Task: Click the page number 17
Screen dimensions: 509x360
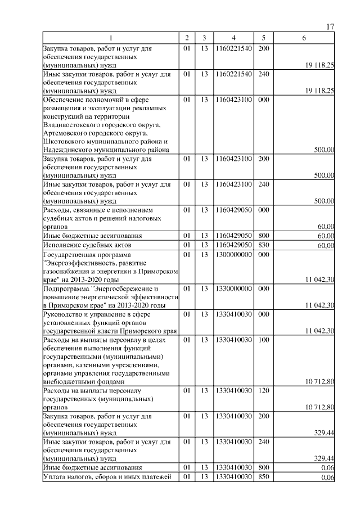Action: (x=330, y=28)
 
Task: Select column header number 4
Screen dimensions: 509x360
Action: (x=233, y=38)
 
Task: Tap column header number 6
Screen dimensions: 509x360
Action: (x=304, y=38)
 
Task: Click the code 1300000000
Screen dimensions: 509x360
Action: (x=233, y=254)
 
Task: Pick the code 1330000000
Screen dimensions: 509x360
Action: (x=233, y=288)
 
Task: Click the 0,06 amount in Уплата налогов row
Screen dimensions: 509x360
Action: (x=327, y=478)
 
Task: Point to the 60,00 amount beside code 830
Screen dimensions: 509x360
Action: (x=326, y=246)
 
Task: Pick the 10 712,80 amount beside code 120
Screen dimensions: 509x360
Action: (x=319, y=407)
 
